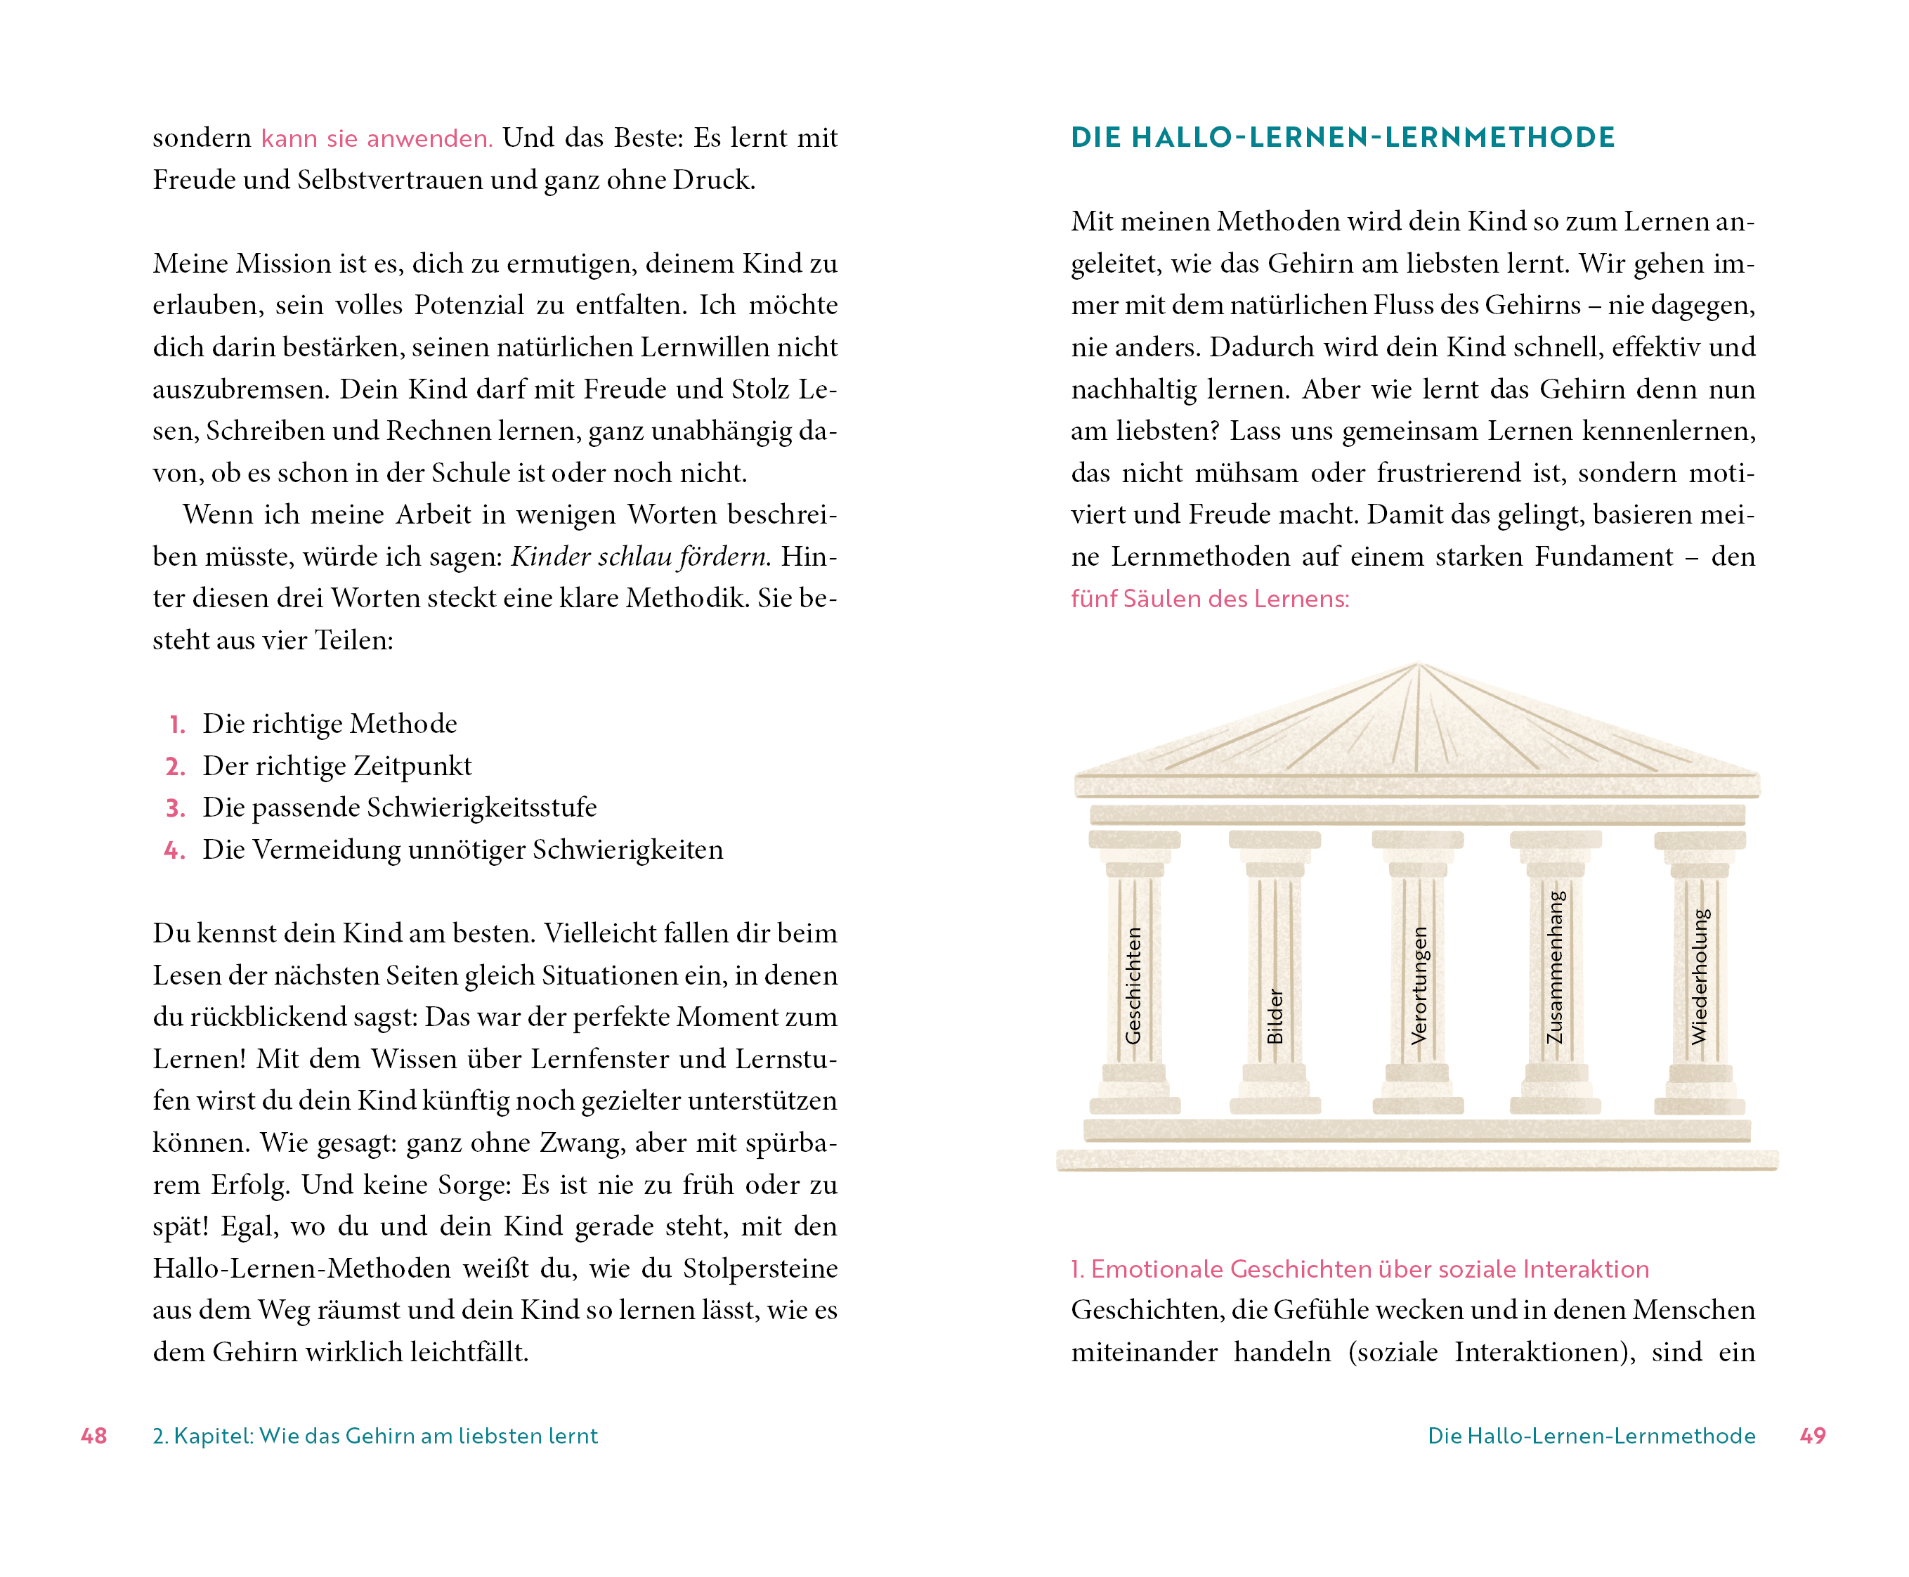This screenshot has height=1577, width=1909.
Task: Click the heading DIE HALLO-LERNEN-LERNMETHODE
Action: click(x=1342, y=137)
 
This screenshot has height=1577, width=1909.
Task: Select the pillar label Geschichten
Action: click(x=1133, y=985)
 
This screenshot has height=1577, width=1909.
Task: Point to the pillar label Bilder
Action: click(x=1275, y=1016)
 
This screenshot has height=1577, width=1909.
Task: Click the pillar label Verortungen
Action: click(x=1419, y=985)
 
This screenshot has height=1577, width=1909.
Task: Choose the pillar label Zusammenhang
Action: click(x=1556, y=968)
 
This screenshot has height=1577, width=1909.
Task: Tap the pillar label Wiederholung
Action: click(x=1699, y=977)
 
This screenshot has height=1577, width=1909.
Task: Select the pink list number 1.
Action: click(x=177, y=725)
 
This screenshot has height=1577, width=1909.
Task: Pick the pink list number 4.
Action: click(x=174, y=850)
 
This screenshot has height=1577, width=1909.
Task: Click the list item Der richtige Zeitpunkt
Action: click(x=337, y=766)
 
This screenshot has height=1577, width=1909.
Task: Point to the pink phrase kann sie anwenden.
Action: click(x=376, y=138)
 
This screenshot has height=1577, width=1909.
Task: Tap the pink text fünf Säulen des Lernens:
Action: click(x=1210, y=599)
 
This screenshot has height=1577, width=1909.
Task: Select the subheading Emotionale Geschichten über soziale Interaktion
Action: click(x=1360, y=1269)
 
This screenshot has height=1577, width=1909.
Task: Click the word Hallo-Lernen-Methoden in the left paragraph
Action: click(x=301, y=1268)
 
